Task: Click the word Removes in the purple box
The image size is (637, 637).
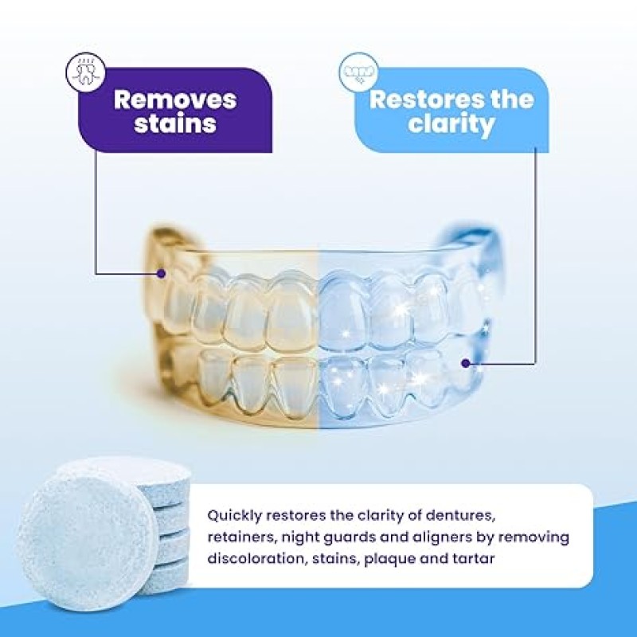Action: click(x=175, y=100)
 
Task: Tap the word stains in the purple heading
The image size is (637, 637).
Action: click(x=175, y=125)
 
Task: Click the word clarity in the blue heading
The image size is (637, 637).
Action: click(x=451, y=125)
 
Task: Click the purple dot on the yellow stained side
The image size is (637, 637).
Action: click(x=162, y=273)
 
